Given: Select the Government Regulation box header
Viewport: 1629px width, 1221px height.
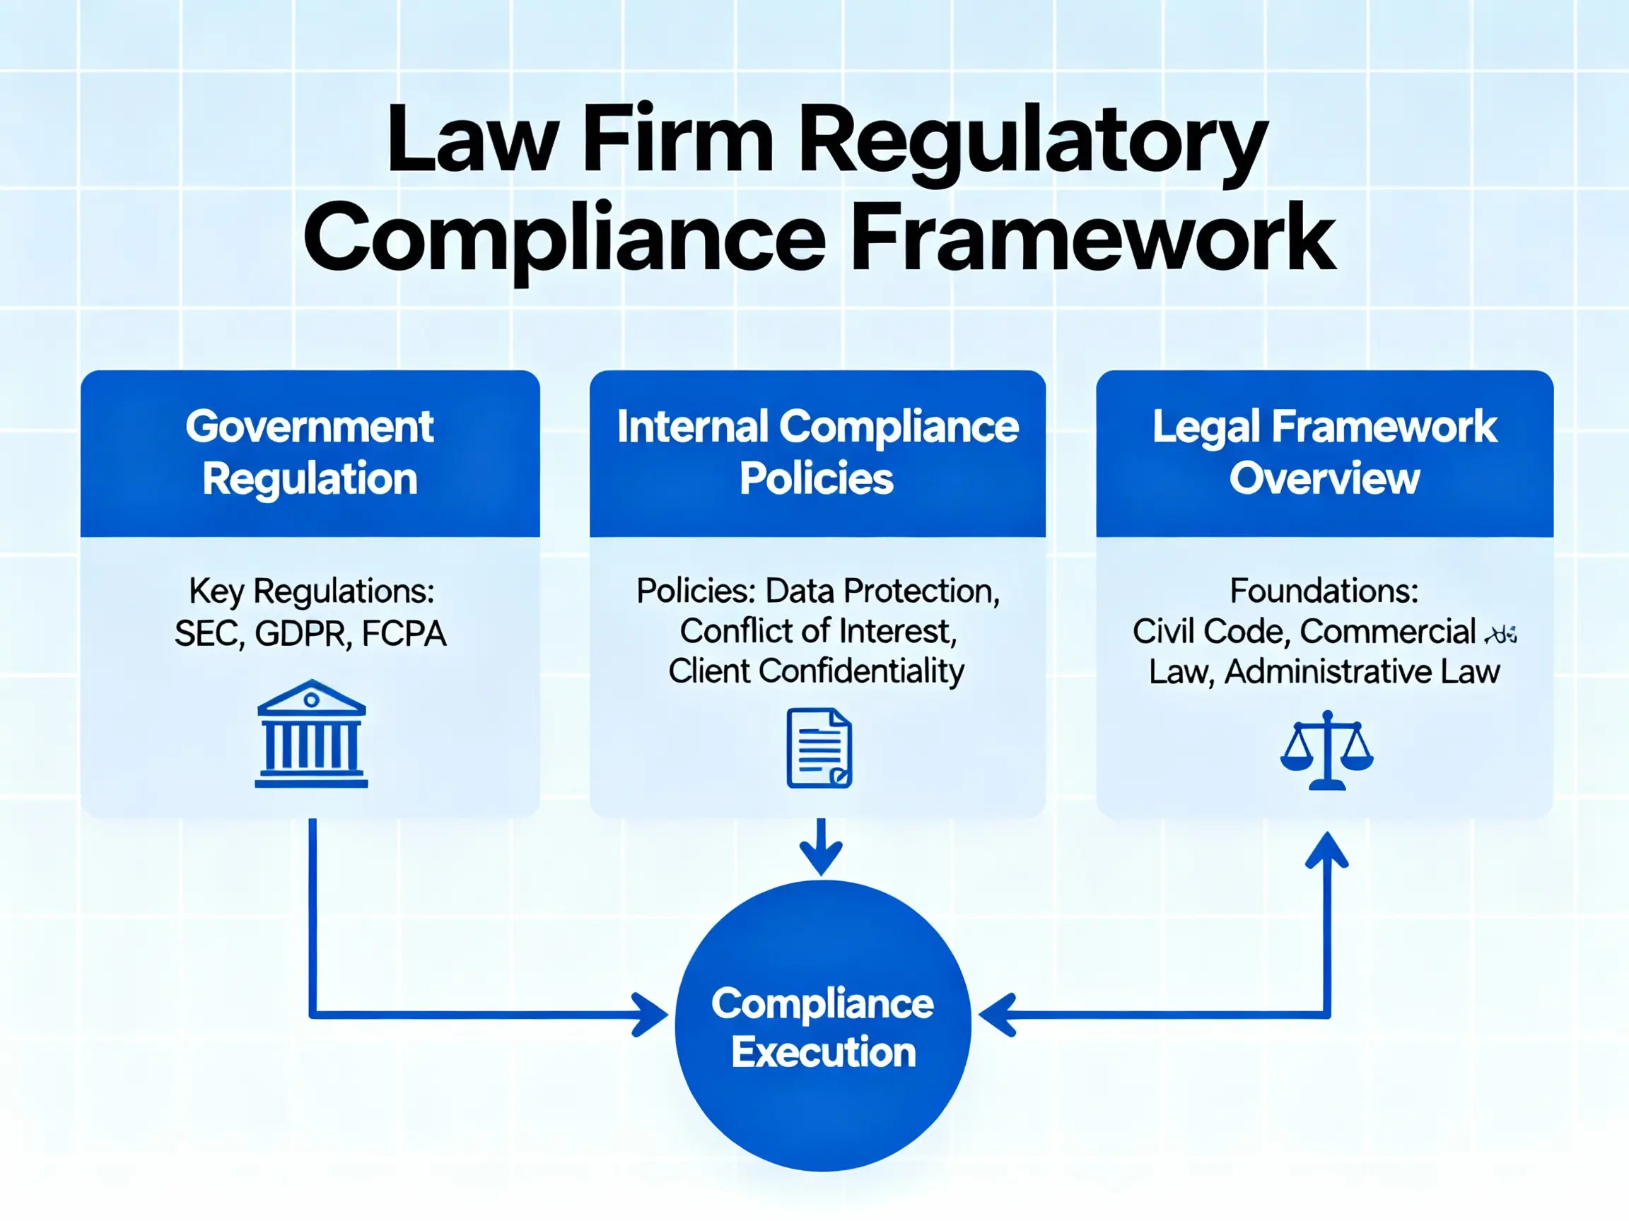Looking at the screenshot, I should point(310,453).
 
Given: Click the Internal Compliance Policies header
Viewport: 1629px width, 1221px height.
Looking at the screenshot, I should point(817,453).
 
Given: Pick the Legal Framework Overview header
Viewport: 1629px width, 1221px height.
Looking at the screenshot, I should point(1324,453).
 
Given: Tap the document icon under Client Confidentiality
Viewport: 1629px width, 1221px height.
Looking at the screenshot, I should point(819,748).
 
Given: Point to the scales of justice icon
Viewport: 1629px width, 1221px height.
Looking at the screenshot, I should point(1326,750).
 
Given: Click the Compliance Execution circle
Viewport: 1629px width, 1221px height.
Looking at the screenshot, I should point(822,1027).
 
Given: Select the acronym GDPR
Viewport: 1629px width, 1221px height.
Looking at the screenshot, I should point(303,634).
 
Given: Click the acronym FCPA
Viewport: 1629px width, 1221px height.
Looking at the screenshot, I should point(404,634).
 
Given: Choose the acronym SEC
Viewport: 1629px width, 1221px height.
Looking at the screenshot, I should point(209,634).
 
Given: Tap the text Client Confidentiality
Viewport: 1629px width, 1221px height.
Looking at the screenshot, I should point(816,671).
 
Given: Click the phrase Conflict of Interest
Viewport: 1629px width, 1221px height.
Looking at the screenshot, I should point(817,632).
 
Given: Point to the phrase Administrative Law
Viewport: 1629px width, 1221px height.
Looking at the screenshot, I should point(1362,671).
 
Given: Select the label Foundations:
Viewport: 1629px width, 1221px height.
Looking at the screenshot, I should point(1324,591).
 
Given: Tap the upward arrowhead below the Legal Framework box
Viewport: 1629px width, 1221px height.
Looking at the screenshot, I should point(1326,851).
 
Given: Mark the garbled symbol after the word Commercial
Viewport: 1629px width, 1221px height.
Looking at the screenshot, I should point(1501,634).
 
